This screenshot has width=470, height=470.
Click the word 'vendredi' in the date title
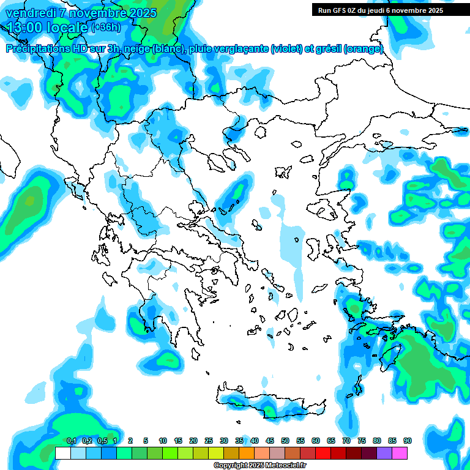coord(30,13)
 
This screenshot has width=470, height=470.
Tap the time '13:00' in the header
coord(24,27)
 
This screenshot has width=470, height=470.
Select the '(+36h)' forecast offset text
coord(106,28)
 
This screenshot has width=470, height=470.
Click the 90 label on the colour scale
coord(407,441)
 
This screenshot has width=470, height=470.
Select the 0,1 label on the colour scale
coord(71,441)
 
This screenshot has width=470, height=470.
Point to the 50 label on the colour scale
coord(285,441)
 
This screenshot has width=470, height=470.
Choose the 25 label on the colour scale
coord(209,441)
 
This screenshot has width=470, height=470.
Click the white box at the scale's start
coord(63,453)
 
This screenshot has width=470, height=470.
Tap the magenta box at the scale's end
coord(400,453)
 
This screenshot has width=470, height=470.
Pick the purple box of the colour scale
coord(384,453)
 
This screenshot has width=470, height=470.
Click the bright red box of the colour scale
coord(323,453)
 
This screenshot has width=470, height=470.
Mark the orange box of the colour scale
coord(247,453)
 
